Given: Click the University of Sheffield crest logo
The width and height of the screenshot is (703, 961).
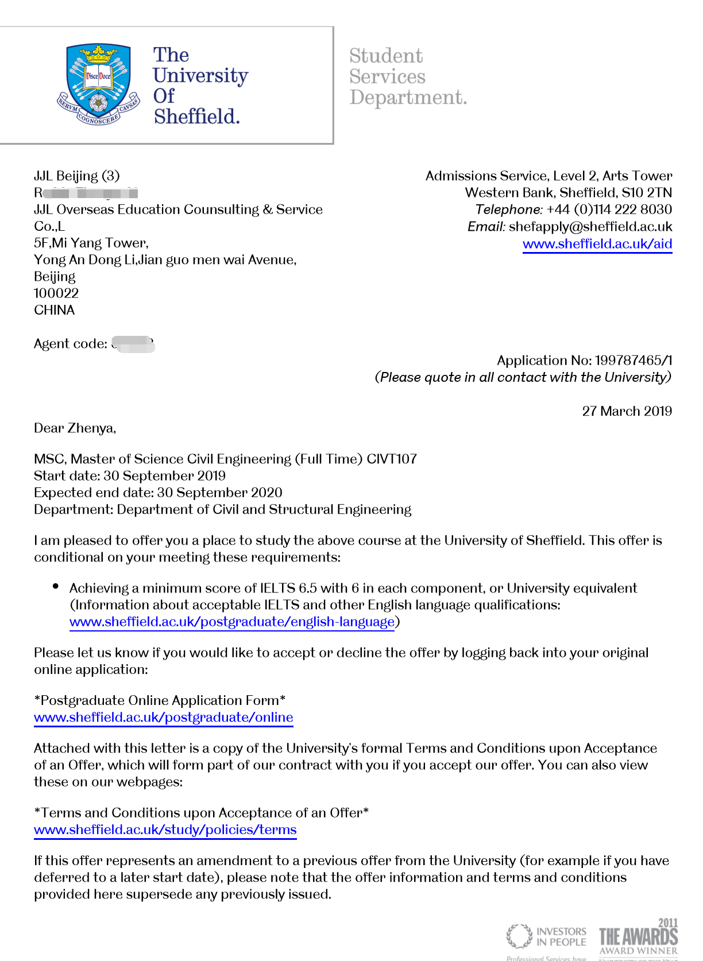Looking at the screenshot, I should [98, 85].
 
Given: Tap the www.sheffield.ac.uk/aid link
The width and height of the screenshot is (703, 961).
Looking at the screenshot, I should [597, 243].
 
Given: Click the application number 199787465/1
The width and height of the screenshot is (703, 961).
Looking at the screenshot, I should [633, 361].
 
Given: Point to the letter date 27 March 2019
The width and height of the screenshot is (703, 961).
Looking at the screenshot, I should [627, 411].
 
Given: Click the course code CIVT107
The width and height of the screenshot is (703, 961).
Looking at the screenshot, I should [391, 459].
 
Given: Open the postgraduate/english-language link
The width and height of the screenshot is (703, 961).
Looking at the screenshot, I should [231, 622].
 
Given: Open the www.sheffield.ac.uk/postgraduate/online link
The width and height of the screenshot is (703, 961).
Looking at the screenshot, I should [163, 718].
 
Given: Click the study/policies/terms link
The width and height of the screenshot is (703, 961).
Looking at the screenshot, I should [165, 830].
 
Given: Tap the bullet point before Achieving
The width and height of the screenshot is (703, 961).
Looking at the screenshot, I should [56, 586].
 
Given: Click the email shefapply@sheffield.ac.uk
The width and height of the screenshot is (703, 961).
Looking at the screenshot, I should [590, 227].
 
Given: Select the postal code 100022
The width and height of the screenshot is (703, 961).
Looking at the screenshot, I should [56, 293].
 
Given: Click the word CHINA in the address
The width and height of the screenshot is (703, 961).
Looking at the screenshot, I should [55, 311].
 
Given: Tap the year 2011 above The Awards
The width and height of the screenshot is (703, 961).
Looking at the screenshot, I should [668, 923].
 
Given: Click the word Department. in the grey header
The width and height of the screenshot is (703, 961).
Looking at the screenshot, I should [408, 98].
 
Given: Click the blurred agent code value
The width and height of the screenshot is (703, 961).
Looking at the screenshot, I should [133, 344].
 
